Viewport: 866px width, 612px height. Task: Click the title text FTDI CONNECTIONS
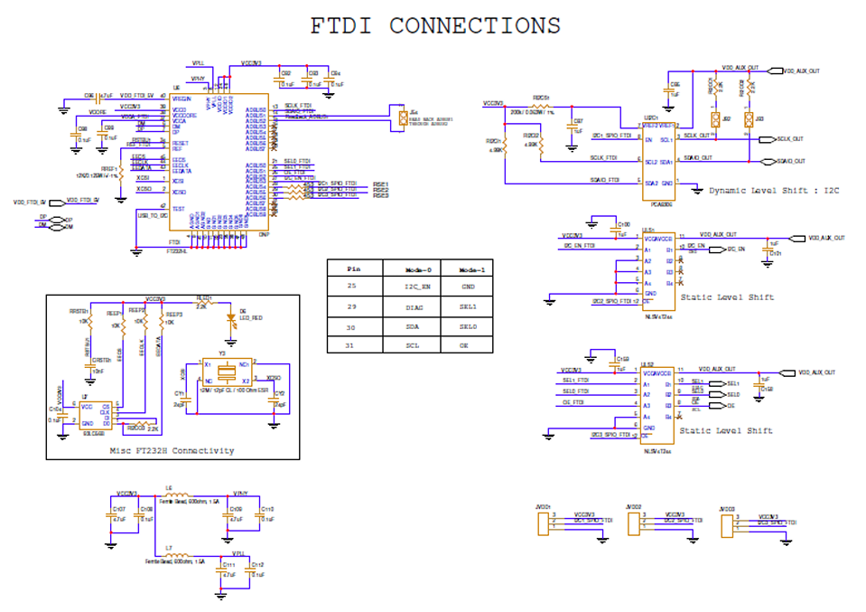pyautogui.click(x=435, y=26)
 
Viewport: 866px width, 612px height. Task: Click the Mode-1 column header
pyautogui.click(x=471, y=268)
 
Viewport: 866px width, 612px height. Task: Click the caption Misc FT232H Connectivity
pyautogui.click(x=172, y=450)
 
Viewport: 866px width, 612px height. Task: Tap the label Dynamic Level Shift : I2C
pyautogui.click(x=775, y=191)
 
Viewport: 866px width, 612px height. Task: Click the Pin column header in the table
pyautogui.click(x=354, y=268)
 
